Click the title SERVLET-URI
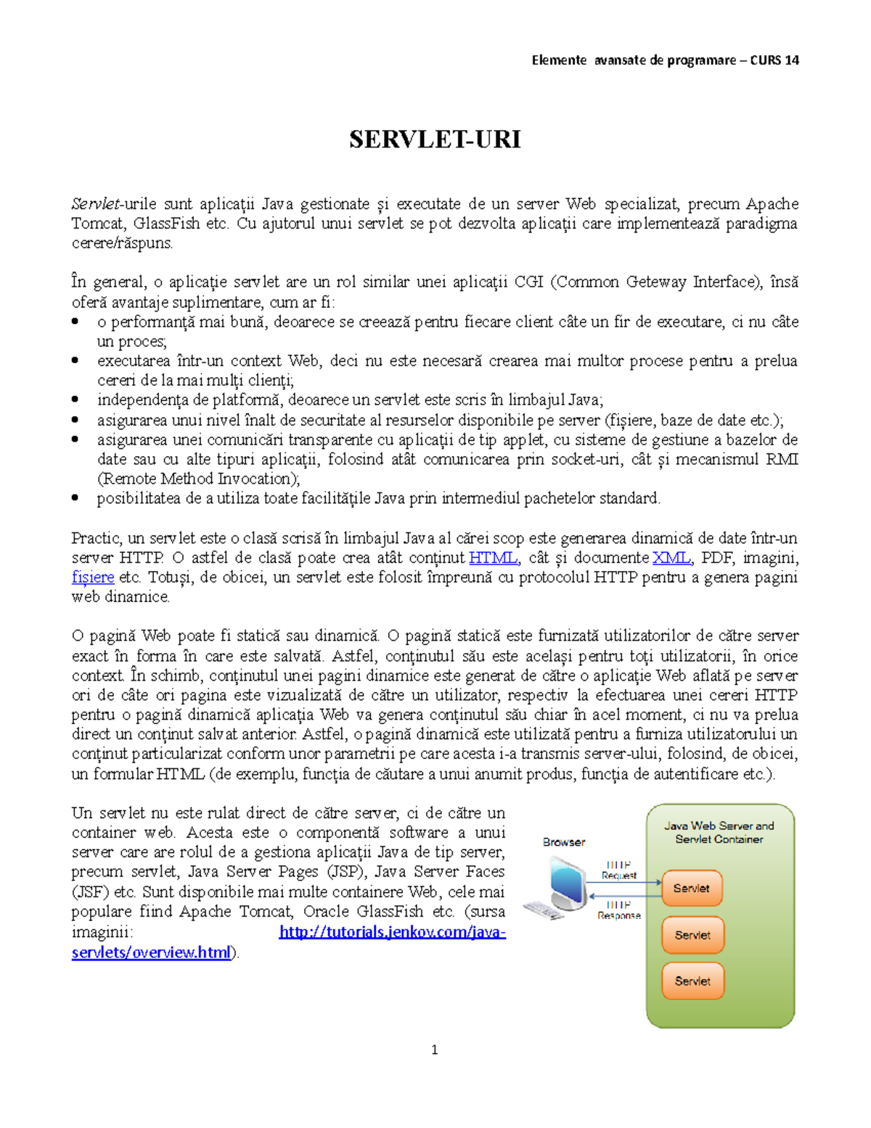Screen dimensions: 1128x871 [x=435, y=139]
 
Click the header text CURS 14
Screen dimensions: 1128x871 [x=774, y=60]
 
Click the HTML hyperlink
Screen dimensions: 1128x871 [x=494, y=558]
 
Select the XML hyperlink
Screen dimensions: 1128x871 [x=671, y=558]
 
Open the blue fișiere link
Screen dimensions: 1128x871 [x=93, y=577]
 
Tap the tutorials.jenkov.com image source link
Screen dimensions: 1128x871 [x=392, y=932]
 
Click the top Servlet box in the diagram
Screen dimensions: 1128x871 [x=692, y=888]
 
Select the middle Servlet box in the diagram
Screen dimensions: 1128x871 [x=692, y=936]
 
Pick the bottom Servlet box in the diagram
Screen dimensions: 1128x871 [x=692, y=981]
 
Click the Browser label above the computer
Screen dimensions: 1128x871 [x=563, y=843]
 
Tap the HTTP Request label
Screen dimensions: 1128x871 [x=618, y=870]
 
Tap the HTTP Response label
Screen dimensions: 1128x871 [x=618, y=910]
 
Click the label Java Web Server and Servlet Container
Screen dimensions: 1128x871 [x=719, y=832]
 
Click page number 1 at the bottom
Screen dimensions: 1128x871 [x=434, y=1050]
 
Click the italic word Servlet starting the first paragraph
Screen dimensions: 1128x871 [x=95, y=204]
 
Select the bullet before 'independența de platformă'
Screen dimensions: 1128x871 [x=75, y=399]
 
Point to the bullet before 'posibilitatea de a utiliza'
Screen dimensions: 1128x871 [x=75, y=498]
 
